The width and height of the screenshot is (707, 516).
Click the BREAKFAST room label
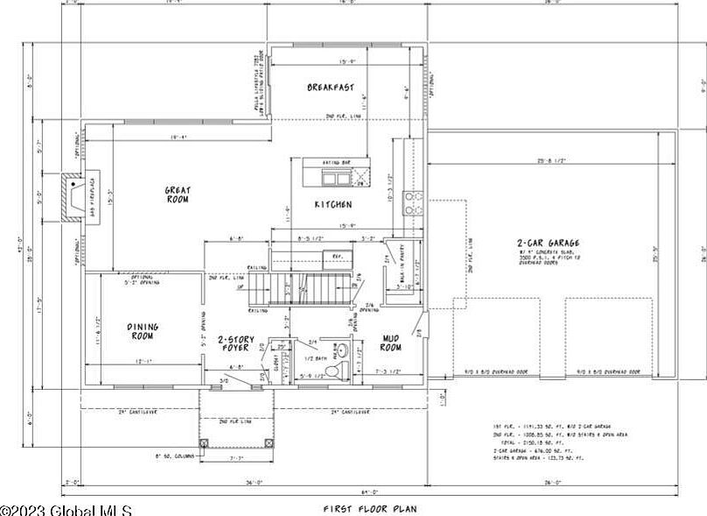tap(331, 88)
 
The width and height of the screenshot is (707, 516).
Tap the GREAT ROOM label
tap(178, 194)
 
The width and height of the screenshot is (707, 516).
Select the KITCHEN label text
tap(333, 205)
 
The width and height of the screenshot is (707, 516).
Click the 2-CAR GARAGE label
tap(549, 244)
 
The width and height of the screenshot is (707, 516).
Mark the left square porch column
tap(204, 443)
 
